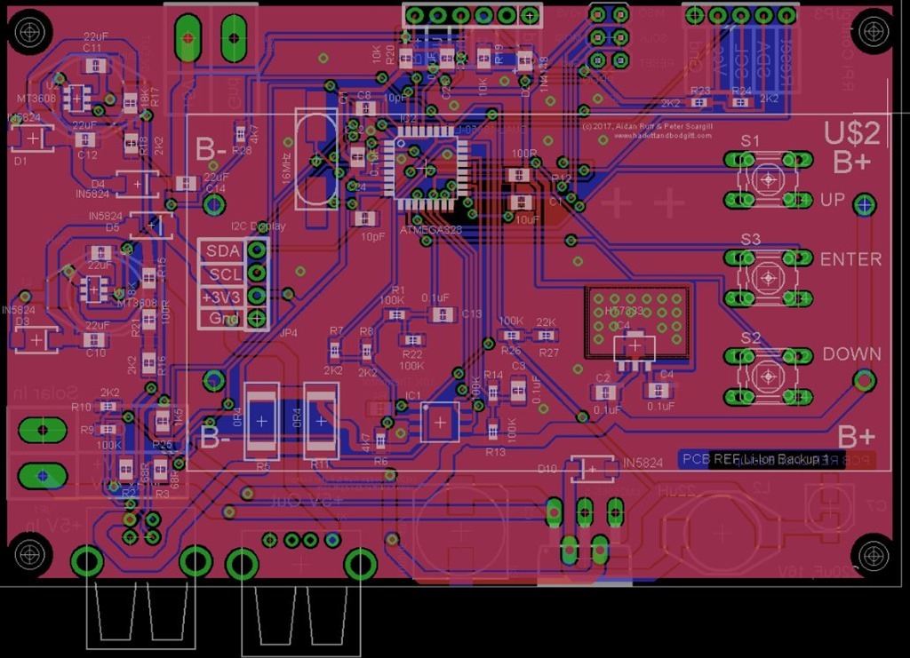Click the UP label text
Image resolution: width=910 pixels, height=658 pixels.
click(832, 201)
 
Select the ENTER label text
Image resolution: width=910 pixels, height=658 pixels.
click(850, 259)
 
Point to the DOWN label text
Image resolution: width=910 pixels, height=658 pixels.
click(851, 353)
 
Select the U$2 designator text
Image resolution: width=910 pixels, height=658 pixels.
click(851, 133)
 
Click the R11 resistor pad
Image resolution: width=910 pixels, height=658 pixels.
click(321, 421)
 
